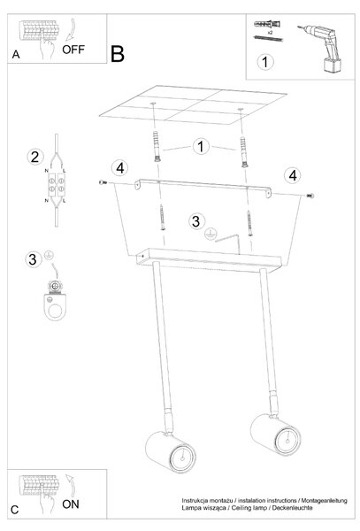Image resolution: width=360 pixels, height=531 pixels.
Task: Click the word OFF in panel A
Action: pos(73,50)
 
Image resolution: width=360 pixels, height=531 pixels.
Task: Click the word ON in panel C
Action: pos(71,504)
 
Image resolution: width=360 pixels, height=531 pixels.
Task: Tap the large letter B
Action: pos(118,54)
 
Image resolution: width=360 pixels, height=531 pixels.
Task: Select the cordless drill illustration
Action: pos(321,48)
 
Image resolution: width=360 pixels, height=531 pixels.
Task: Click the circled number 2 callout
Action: pos(35,158)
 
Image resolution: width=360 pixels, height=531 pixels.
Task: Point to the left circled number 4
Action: pos(120,168)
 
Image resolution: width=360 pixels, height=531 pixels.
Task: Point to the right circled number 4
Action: pos(293,175)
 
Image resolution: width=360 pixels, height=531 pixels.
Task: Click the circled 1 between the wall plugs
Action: pos(201,147)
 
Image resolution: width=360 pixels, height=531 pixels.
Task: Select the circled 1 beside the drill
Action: pos(265,62)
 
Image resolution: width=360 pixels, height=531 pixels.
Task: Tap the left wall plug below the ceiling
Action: pos(157,146)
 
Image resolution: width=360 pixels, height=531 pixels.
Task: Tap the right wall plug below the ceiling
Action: pos(243,151)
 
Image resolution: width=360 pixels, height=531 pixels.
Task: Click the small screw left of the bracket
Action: pos(103,182)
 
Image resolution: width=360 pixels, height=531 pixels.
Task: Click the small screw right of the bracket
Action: pos(310,196)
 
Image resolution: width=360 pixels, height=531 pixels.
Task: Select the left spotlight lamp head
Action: pos(171,451)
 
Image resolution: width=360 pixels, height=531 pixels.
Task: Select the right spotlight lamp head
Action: pos(275,435)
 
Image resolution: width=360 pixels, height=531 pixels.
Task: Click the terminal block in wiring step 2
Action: pos(56,185)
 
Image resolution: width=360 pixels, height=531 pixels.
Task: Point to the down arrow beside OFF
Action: pos(71,30)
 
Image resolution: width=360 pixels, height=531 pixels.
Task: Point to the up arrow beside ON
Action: pos(71,485)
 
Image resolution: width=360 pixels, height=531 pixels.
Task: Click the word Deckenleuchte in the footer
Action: pos(292,508)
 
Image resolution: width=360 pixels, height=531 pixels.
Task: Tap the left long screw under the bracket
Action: pos(163,218)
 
